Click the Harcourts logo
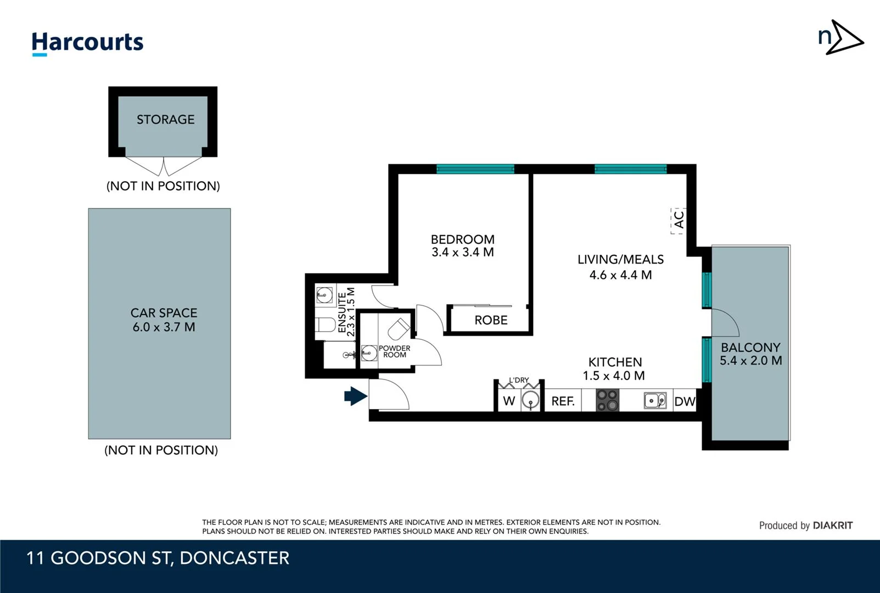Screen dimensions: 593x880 click(x=87, y=43)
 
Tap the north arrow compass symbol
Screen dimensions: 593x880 click(x=840, y=37)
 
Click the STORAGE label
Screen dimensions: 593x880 click(x=165, y=120)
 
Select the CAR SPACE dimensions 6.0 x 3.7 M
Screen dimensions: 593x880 click(x=164, y=327)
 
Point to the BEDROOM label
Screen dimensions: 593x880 click(x=462, y=239)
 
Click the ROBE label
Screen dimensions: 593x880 click(x=491, y=320)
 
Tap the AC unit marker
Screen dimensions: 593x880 click(x=679, y=220)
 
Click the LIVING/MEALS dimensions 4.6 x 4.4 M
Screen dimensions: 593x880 click(x=620, y=275)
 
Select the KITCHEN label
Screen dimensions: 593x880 click(x=615, y=362)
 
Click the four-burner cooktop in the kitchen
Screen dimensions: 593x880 click(x=608, y=400)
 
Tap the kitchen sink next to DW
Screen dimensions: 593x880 click(x=655, y=401)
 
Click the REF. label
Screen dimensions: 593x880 click(x=563, y=401)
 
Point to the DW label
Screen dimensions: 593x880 click(x=685, y=402)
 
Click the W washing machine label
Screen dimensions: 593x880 click(x=509, y=401)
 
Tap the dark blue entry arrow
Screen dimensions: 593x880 click(x=355, y=396)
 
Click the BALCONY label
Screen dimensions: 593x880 click(x=750, y=348)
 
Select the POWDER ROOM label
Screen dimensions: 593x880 click(x=395, y=351)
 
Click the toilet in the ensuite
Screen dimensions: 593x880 click(x=326, y=325)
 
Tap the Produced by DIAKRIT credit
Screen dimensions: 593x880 click(x=805, y=525)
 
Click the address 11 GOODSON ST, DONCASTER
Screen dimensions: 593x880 click(x=158, y=558)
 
